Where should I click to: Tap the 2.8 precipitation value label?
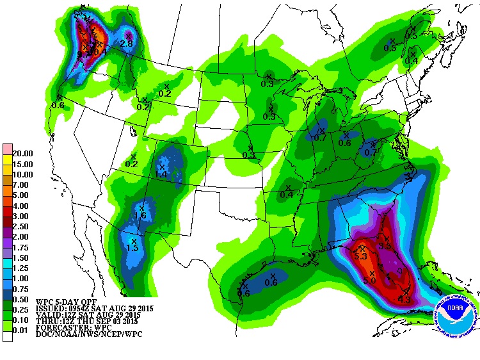[x=127, y=44]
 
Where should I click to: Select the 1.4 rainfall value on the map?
[x=161, y=174]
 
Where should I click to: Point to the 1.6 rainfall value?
[x=140, y=216]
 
